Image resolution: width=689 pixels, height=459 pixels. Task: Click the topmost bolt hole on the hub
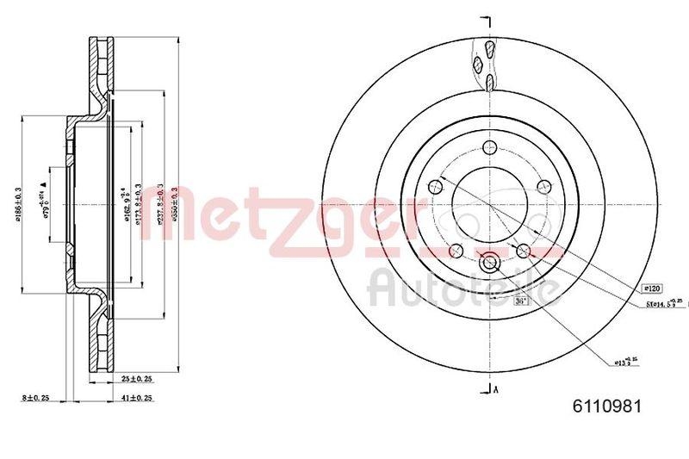coord(488,146)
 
